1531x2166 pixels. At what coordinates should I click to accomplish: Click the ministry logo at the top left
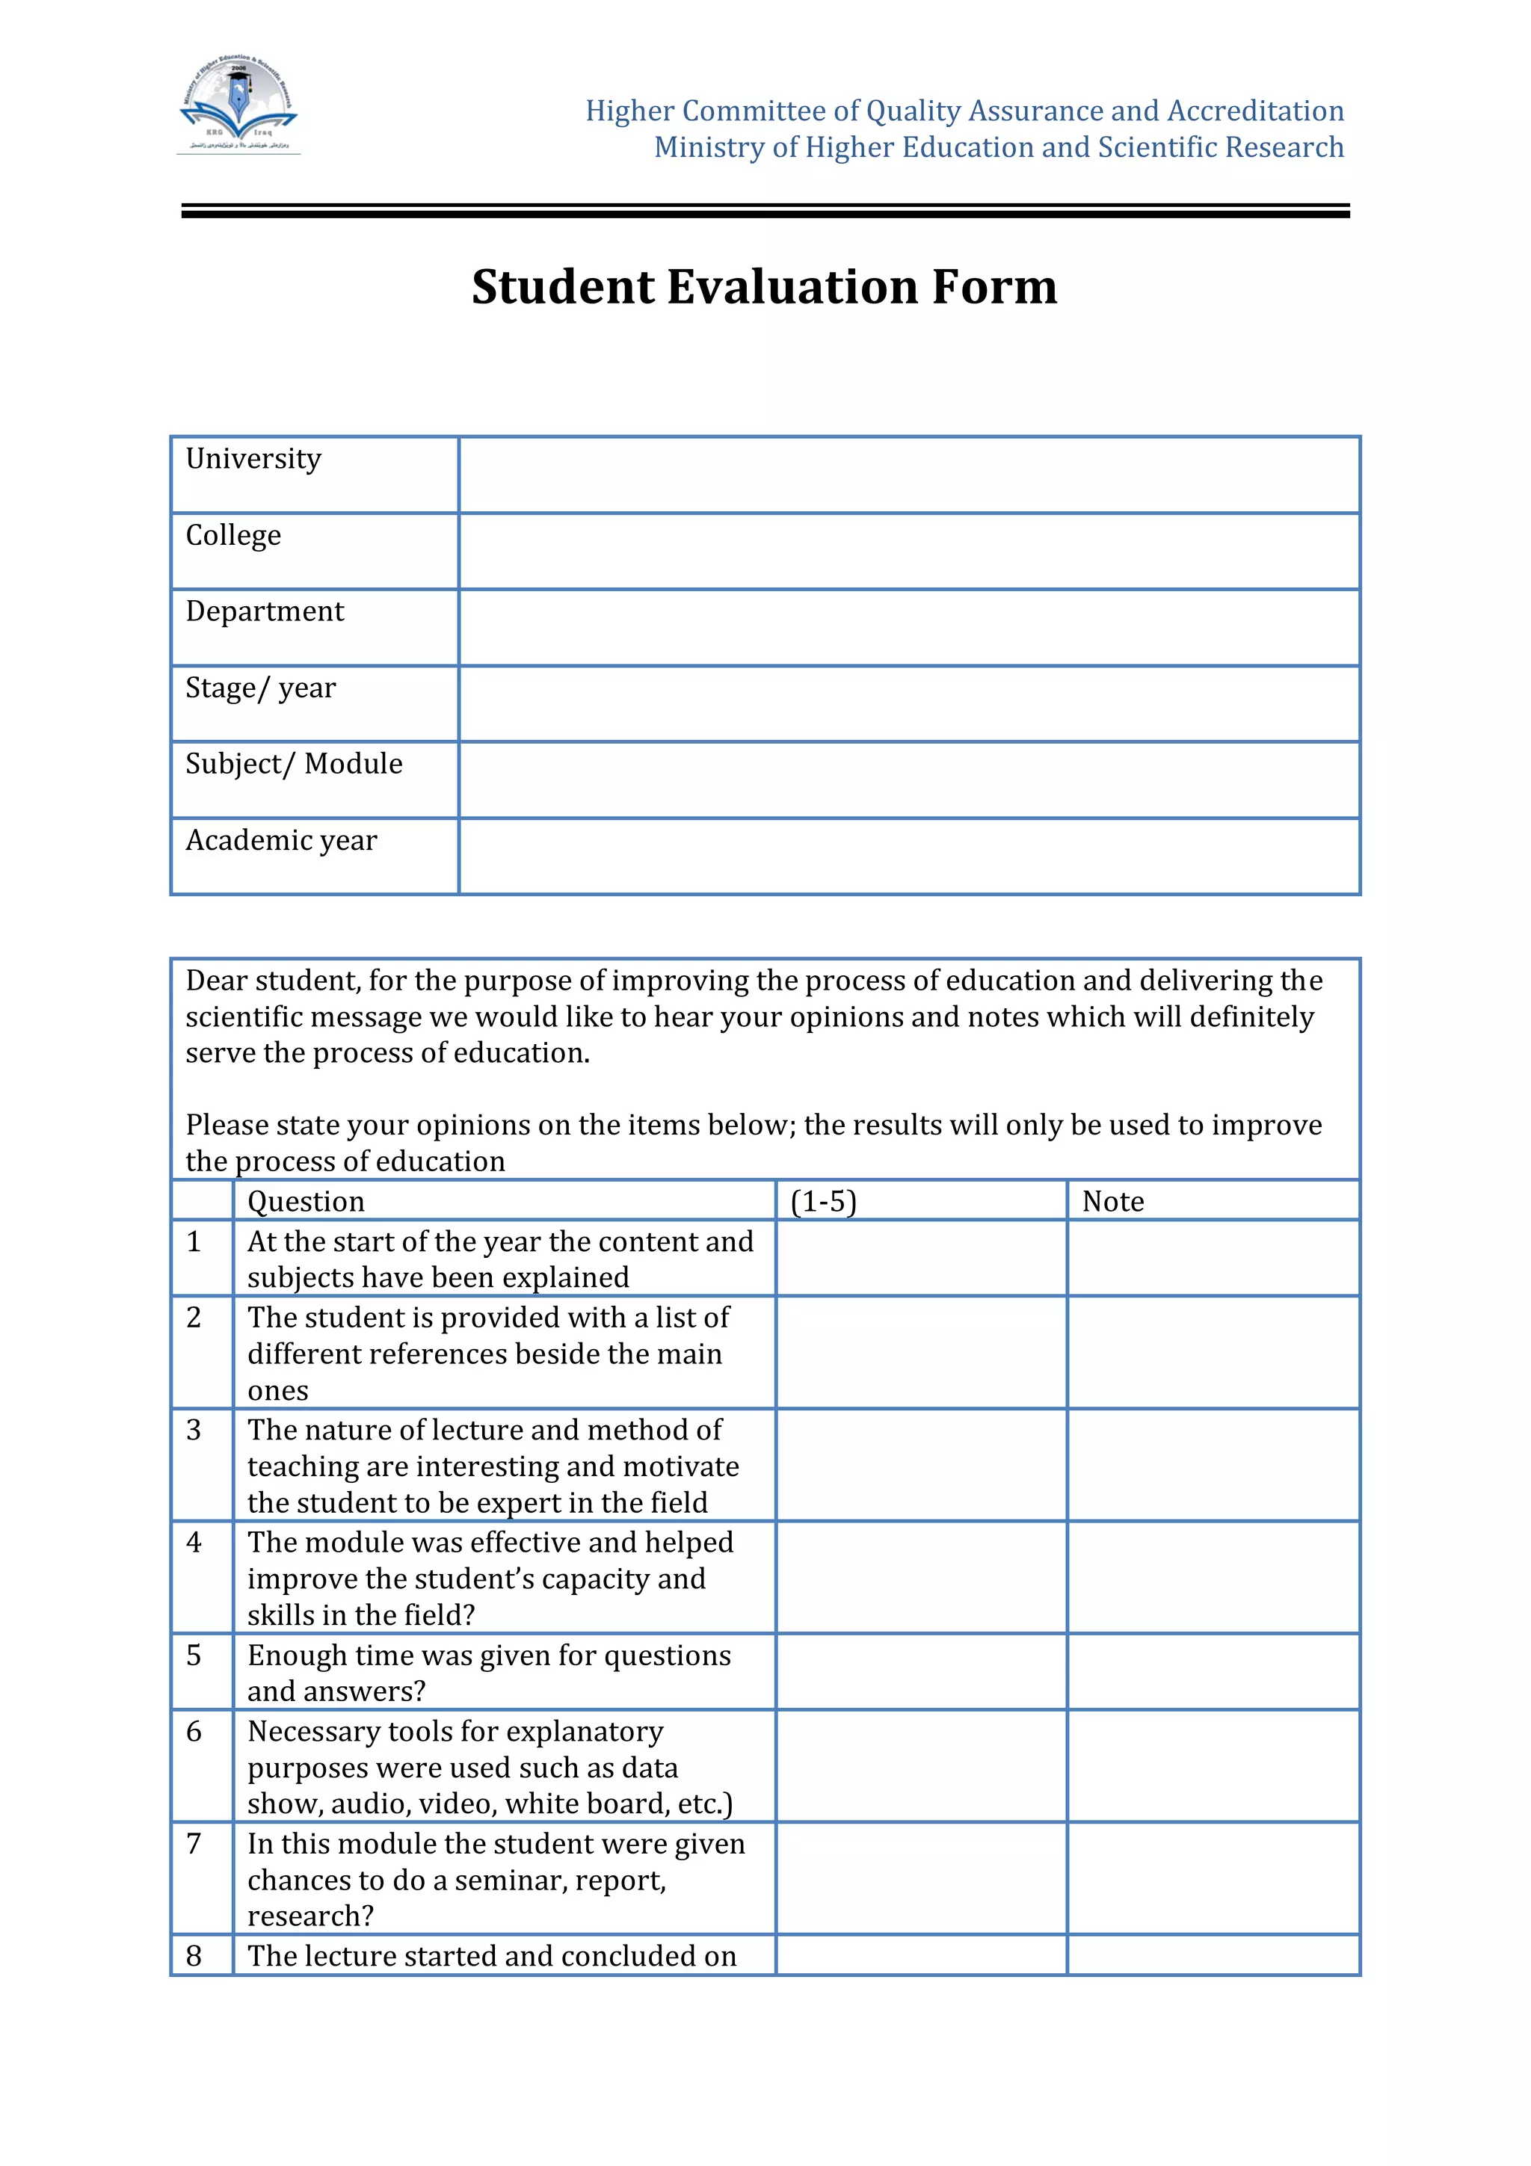238,104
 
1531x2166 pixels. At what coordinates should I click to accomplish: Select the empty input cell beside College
908,551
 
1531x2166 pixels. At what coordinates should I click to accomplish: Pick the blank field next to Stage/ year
908,704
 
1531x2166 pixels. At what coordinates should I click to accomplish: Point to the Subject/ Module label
293,763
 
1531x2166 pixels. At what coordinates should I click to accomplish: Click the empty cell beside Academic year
908,856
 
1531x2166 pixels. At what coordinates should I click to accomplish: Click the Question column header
306,1201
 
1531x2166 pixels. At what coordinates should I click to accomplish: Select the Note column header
1112,1201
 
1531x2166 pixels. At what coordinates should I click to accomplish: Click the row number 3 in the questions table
194,1430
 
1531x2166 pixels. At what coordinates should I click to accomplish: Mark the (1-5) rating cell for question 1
921,1258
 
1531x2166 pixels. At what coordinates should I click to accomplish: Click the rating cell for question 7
921,1878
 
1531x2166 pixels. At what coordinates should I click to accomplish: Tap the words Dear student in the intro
271,981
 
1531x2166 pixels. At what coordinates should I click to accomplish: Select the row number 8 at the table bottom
194,1956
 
